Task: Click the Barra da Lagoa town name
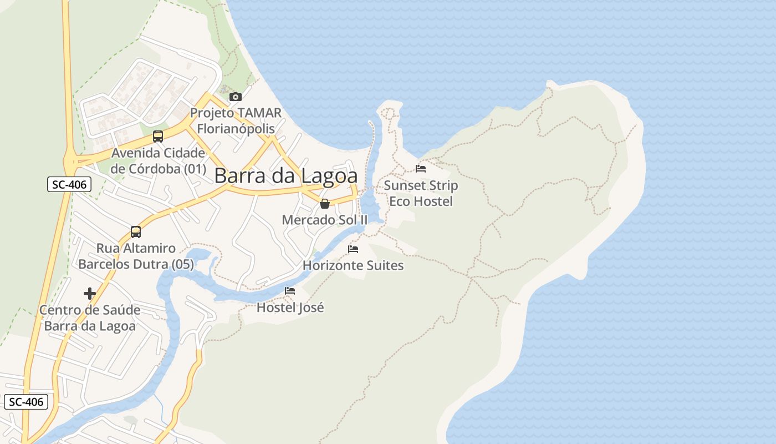tap(285, 176)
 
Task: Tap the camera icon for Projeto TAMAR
tap(236, 97)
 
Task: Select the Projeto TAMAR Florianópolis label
tap(236, 120)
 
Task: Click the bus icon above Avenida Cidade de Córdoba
tap(158, 136)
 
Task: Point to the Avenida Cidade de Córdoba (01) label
tap(158, 160)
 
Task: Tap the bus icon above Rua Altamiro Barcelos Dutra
tap(136, 231)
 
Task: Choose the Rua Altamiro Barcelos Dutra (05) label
tap(136, 256)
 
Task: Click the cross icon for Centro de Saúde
tap(90, 293)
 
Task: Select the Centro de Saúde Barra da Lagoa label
tap(90, 317)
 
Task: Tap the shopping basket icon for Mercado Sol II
tap(325, 204)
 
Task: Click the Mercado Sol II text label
tap(325, 220)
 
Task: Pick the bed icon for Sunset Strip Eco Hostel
tap(421, 168)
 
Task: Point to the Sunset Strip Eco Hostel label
tap(421, 193)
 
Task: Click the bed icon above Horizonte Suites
tap(353, 249)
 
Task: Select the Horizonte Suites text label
tap(353, 265)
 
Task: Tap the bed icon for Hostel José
tap(290, 290)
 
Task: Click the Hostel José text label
tap(290, 307)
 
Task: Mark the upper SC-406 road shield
tap(69, 185)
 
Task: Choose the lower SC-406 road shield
tap(25, 402)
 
